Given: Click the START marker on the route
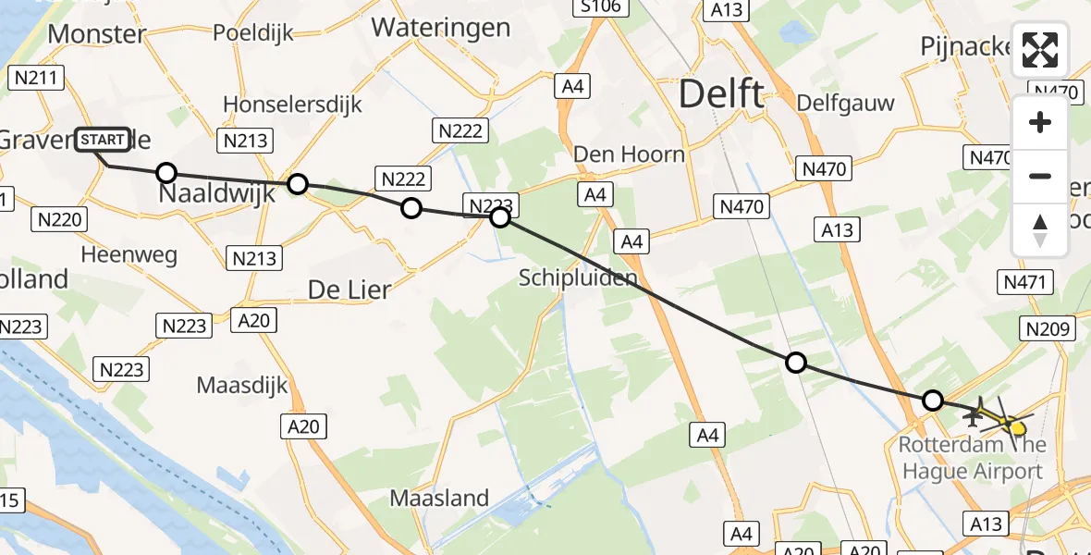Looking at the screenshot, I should click(x=102, y=141).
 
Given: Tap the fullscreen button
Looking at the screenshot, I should click(x=1040, y=50).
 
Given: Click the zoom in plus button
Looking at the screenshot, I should click(x=1040, y=122).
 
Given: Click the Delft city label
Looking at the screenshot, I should click(x=722, y=93).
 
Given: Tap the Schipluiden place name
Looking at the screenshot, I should click(x=578, y=277).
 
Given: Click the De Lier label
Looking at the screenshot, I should click(x=349, y=290).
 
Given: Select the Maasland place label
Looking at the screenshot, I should click(x=439, y=498).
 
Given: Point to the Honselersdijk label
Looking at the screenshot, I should click(x=292, y=104).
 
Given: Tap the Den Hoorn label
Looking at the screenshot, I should click(x=630, y=154).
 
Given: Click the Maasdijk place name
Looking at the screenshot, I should click(x=242, y=385).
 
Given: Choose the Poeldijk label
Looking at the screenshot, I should click(x=252, y=32).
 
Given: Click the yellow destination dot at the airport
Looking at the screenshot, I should click(x=1018, y=427).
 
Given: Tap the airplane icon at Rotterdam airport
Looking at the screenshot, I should click(x=973, y=416).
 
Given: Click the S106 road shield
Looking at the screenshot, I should click(x=600, y=8).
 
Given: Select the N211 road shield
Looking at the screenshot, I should click(x=37, y=80).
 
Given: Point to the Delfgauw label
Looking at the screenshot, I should click(x=845, y=102).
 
